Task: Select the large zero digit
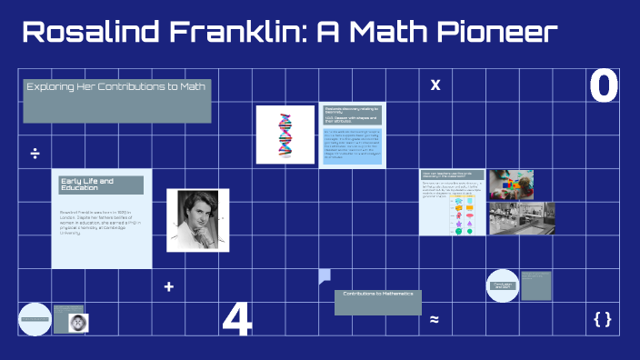(x=604, y=86)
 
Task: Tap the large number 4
(x=236, y=319)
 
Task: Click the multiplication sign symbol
(x=435, y=85)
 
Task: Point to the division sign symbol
(x=35, y=153)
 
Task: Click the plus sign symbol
(x=168, y=287)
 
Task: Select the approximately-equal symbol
(x=435, y=319)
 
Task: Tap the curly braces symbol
(x=602, y=318)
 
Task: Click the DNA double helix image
(x=285, y=135)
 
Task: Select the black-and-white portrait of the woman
(x=197, y=220)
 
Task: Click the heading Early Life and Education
(x=101, y=185)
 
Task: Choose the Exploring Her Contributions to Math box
(x=117, y=101)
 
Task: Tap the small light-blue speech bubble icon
(x=325, y=276)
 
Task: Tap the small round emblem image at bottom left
(x=77, y=321)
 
